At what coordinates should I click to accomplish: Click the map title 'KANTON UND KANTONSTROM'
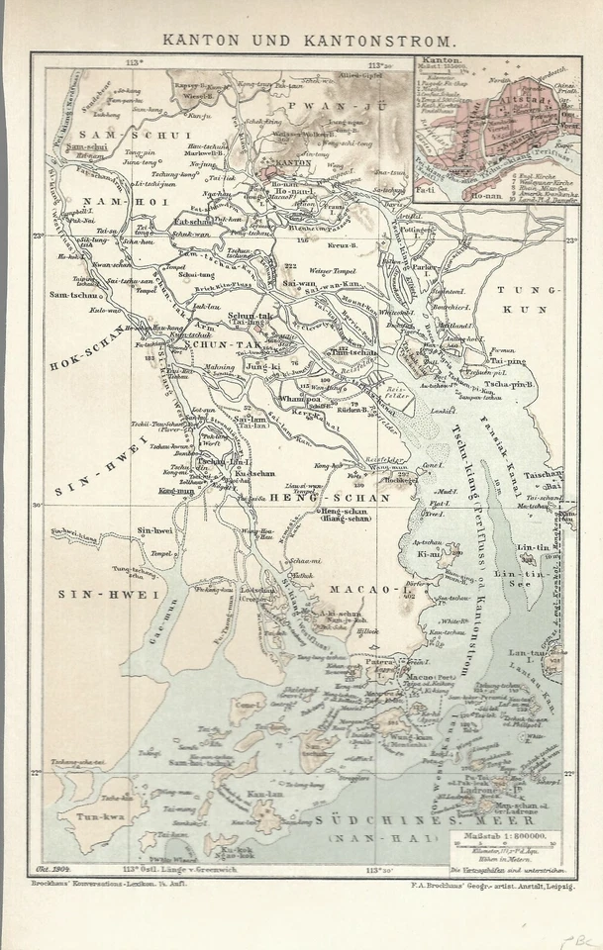tap(301, 43)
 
